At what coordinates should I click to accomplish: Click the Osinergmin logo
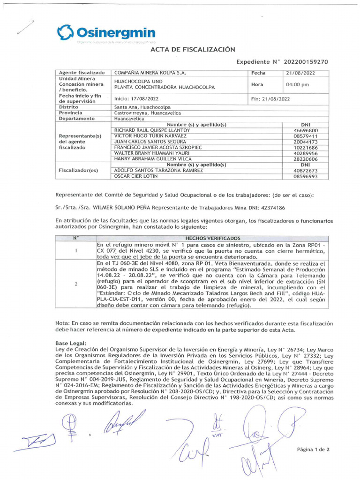(x=106, y=33)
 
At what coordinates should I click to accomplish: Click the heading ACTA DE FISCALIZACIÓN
(x=192, y=49)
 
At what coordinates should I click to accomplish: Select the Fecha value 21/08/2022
(x=300, y=73)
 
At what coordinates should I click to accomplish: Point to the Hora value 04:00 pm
(x=298, y=85)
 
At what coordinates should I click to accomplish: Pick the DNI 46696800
(x=306, y=130)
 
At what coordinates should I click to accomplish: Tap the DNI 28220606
(x=306, y=159)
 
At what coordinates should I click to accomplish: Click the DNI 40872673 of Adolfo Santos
(x=306, y=171)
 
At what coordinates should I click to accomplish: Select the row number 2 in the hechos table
(x=75, y=285)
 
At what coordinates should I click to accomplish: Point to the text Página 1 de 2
(x=314, y=449)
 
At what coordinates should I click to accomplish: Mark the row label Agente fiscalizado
(x=81, y=73)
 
